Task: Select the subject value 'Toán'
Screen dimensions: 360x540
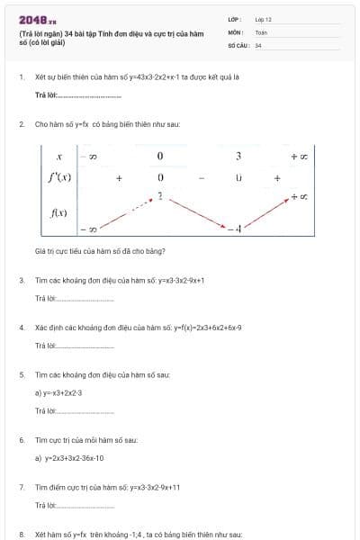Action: coord(261,31)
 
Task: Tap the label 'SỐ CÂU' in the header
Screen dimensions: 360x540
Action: coord(238,44)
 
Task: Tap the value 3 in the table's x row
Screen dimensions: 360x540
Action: coord(238,157)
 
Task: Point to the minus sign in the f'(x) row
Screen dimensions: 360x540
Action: coord(202,178)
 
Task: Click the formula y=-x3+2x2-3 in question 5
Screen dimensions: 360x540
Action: coord(61,393)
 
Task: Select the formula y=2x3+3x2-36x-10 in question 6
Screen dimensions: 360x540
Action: coord(75,458)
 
